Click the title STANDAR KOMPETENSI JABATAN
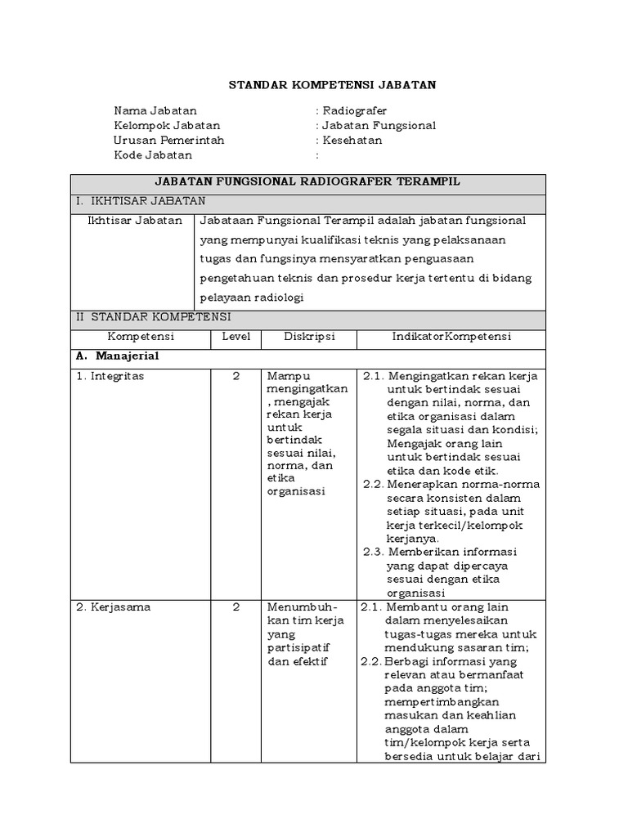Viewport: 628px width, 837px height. click(x=331, y=84)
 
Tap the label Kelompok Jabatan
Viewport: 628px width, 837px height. click(x=167, y=125)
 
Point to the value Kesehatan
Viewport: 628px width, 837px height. click(x=352, y=140)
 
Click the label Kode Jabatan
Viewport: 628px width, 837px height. click(x=153, y=154)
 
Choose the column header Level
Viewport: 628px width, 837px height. click(x=235, y=336)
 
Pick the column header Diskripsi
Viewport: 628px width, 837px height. click(x=309, y=336)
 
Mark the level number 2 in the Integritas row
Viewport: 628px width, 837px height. click(x=235, y=376)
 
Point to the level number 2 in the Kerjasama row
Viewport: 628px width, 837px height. click(x=235, y=607)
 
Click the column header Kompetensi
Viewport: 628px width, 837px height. click(x=141, y=336)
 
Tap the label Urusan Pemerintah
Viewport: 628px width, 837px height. click(x=168, y=140)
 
